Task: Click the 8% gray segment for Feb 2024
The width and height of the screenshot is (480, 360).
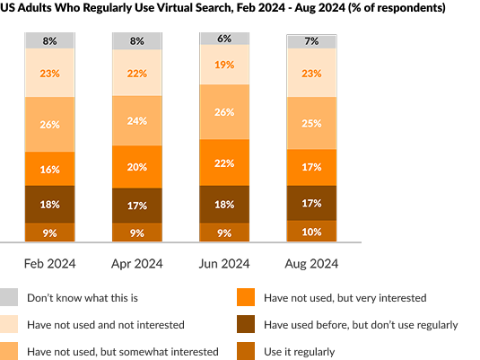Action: pos(50,40)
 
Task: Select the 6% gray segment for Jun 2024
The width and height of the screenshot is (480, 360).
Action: pos(223,39)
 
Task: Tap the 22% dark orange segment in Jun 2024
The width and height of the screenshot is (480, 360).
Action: pos(223,163)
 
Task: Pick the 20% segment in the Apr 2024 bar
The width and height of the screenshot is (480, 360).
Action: pos(137,167)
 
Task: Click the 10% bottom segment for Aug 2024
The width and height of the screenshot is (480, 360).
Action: pos(311,232)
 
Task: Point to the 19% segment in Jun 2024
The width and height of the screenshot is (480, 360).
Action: pos(223,65)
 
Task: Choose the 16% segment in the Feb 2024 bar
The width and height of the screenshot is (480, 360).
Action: pos(50,169)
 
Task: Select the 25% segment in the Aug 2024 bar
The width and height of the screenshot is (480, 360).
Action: pos(311,123)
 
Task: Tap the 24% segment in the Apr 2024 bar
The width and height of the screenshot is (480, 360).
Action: pos(137,121)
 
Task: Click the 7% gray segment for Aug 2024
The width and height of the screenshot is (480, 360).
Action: pos(311,41)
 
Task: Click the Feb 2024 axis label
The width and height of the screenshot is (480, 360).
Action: pos(50,264)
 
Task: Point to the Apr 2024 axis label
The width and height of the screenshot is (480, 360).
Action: pos(137,264)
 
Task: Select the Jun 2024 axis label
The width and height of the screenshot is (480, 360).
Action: pos(223,264)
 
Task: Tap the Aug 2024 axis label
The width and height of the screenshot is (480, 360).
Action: pos(311,264)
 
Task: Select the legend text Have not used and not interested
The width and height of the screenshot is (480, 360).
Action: pos(106,324)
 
